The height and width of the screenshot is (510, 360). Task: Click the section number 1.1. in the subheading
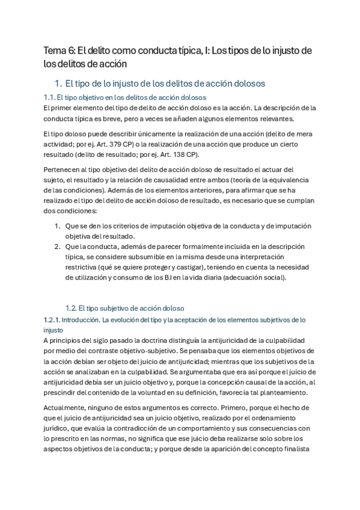coord(50,97)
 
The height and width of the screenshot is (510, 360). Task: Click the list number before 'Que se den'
coord(57,226)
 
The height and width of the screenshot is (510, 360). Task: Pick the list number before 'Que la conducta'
coord(57,247)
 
